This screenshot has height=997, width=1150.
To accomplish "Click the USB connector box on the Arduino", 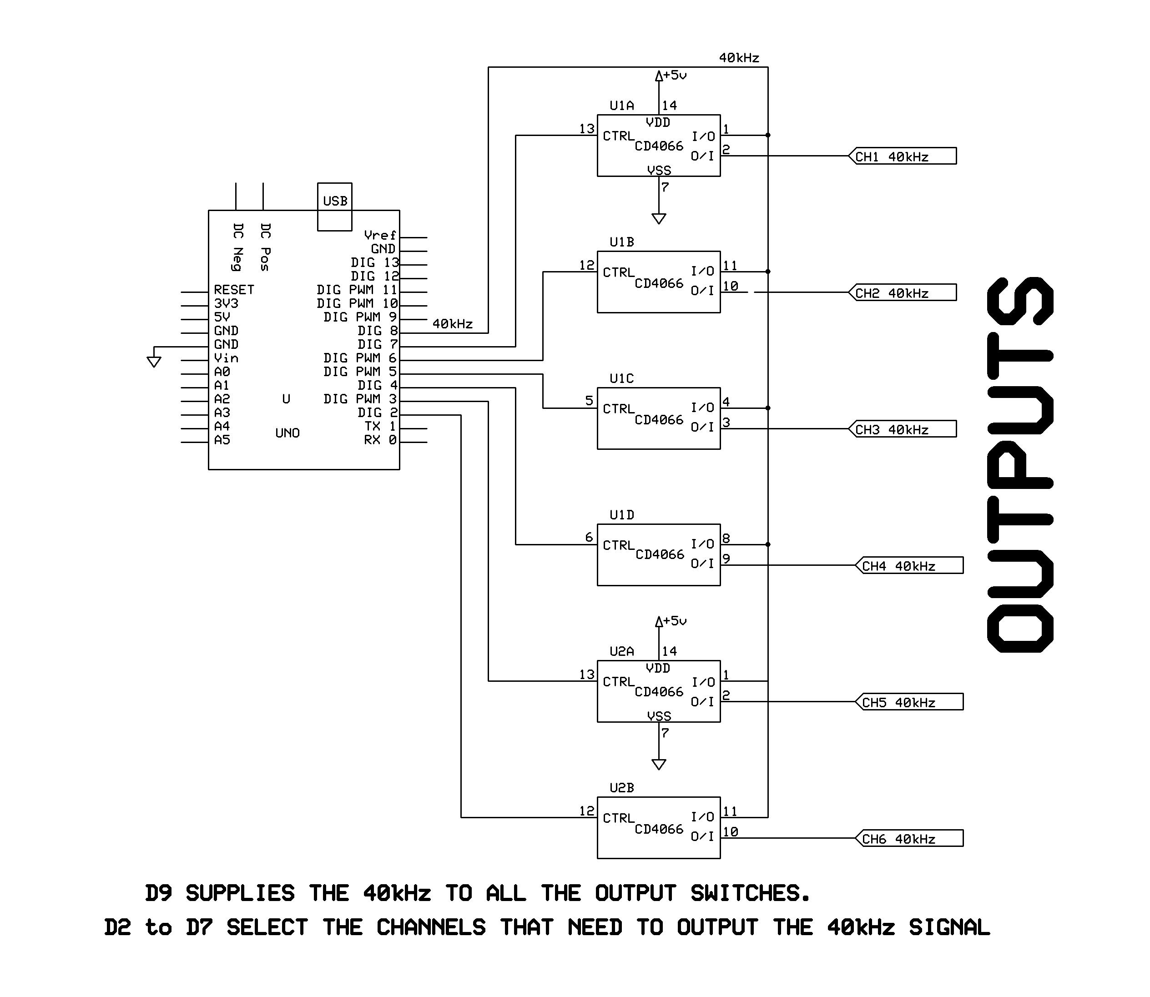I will [334, 206].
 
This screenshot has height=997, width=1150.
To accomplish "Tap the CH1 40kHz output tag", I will [902, 156].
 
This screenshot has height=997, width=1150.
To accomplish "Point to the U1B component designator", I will [621, 242].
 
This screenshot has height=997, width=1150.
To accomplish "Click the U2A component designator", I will [621, 651].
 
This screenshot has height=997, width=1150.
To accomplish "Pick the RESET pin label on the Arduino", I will [234, 290].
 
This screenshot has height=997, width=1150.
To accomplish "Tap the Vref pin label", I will [379, 235].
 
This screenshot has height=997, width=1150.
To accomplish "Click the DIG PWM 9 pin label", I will [360, 317].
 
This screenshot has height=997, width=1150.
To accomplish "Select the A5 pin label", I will [222, 440].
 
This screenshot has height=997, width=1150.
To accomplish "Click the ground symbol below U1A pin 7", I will [659, 219].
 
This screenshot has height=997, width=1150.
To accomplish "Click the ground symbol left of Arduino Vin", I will [154, 362].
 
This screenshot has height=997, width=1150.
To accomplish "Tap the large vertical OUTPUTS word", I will [1020, 464].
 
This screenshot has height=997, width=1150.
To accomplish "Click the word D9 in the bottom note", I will [159, 893].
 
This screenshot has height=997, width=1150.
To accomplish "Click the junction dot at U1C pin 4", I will [768, 408].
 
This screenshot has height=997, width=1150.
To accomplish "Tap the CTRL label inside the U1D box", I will [618, 545].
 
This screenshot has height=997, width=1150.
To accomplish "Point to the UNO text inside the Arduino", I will [287, 433].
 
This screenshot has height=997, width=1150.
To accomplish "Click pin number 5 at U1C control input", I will [589, 401].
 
